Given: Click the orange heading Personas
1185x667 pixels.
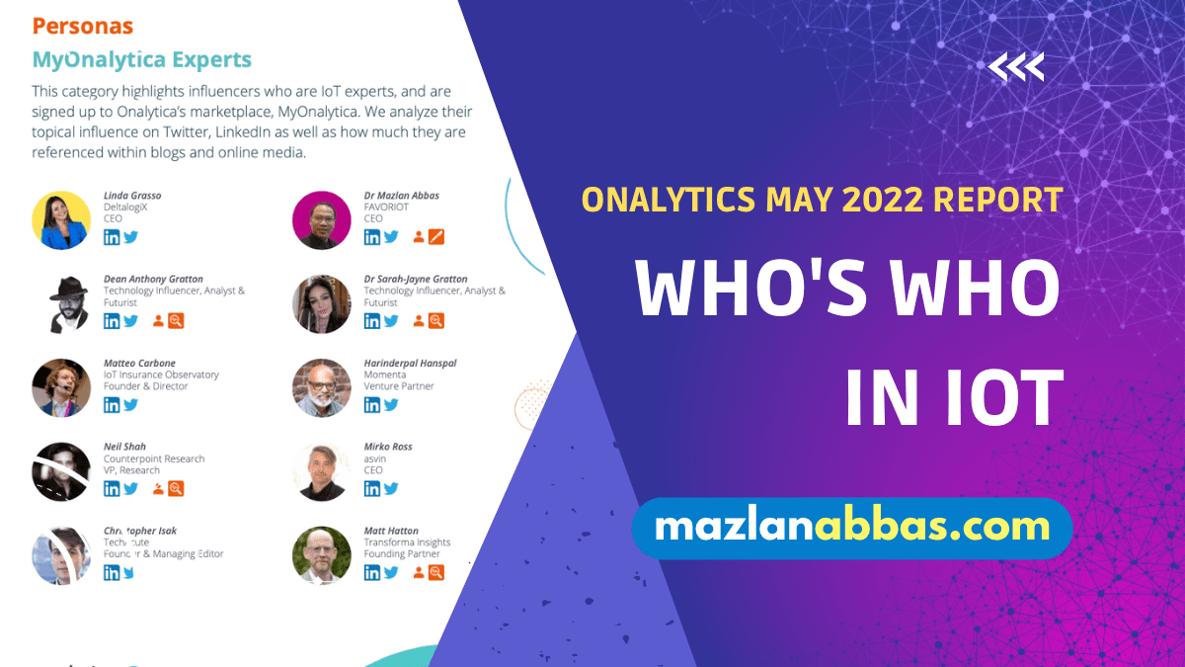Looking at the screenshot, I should click(82, 26).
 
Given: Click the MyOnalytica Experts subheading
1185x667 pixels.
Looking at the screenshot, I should click(141, 59).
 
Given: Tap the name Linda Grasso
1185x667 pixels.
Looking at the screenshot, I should click(132, 196).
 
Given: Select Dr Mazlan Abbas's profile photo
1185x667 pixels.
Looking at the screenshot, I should click(322, 220).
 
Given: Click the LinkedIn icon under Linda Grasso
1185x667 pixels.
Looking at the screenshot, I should click(112, 237).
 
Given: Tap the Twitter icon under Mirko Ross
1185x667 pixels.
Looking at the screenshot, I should click(391, 488).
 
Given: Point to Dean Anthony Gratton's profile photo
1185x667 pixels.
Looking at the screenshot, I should click(61, 304).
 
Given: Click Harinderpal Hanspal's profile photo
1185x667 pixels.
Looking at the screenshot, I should click(322, 387).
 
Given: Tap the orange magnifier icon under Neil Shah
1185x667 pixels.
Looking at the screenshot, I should click(177, 488).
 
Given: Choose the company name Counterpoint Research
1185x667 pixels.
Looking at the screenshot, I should click(154, 459).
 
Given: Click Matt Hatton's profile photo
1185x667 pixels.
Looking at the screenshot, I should click(322, 554).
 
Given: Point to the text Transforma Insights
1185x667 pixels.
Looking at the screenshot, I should click(407, 542).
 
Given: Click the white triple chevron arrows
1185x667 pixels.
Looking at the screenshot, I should click(1016, 67).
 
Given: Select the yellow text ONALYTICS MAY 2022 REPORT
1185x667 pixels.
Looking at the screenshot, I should click(822, 200).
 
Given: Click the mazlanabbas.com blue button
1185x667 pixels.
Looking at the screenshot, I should click(851, 528).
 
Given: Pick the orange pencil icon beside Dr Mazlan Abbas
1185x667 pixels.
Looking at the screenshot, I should click(437, 237).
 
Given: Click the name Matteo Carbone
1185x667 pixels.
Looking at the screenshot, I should click(139, 363).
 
